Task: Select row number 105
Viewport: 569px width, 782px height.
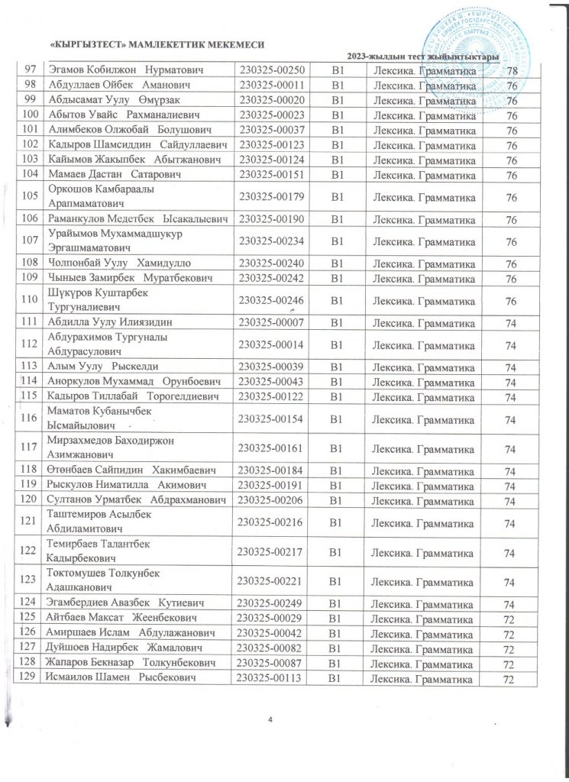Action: pyautogui.click(x=28, y=197)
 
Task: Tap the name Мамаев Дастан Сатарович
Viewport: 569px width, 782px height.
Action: pyautogui.click(x=107, y=175)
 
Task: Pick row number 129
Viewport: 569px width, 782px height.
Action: pyautogui.click(x=28, y=679)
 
